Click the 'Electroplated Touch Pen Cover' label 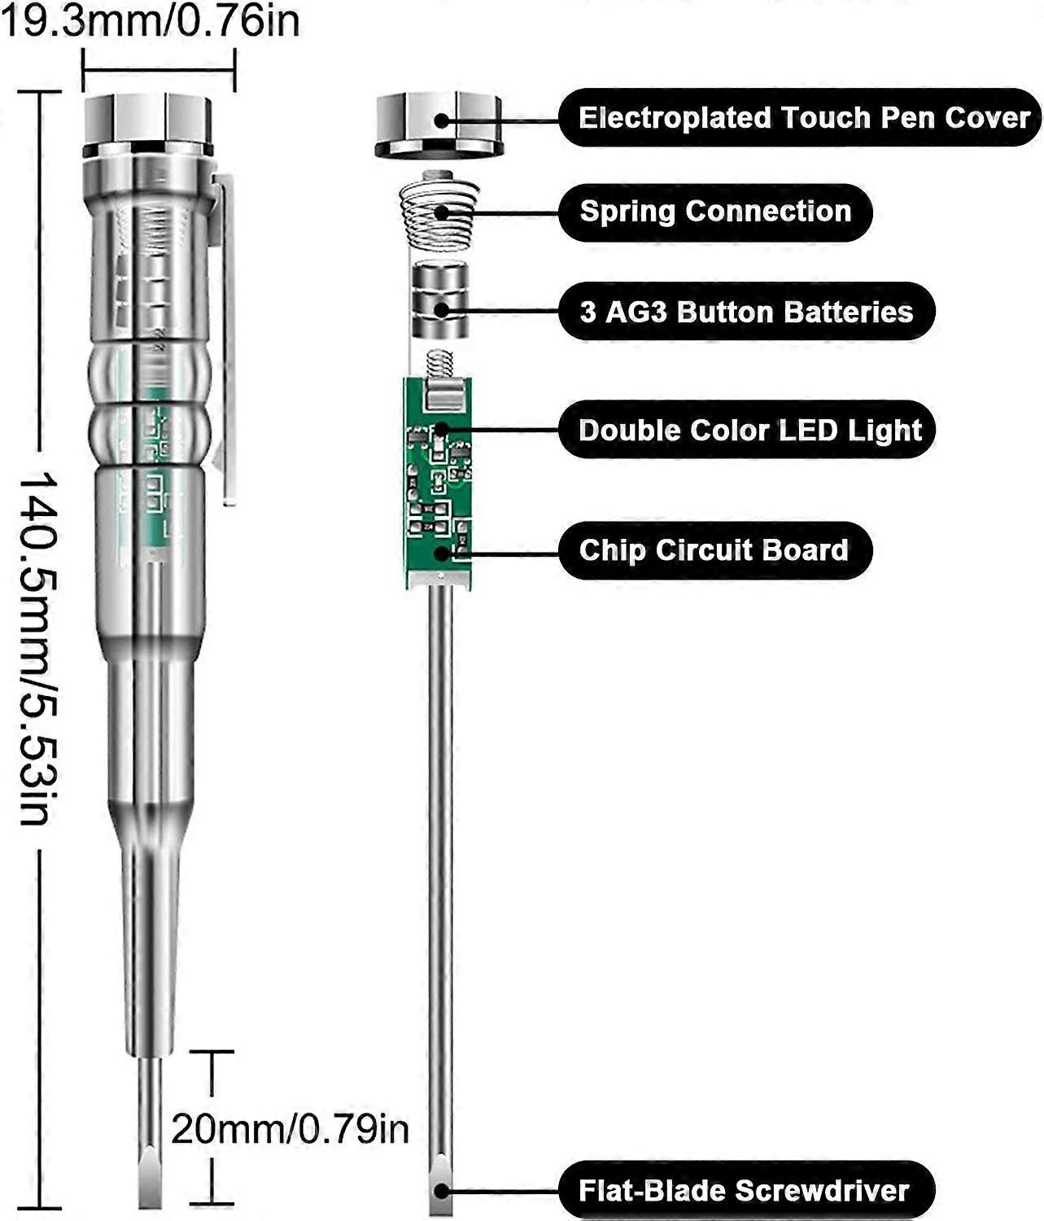point(802,118)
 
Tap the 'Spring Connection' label point(714,212)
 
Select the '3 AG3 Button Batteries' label point(745,312)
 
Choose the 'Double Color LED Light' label point(749,430)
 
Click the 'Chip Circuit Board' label point(713,550)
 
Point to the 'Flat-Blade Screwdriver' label point(743,1191)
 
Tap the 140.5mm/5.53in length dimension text point(37,647)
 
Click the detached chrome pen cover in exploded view point(438,124)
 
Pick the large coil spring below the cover point(438,213)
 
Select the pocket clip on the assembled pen point(225,342)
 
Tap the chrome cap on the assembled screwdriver point(148,124)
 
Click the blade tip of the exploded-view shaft point(439,1188)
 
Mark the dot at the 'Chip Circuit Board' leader point(441,553)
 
